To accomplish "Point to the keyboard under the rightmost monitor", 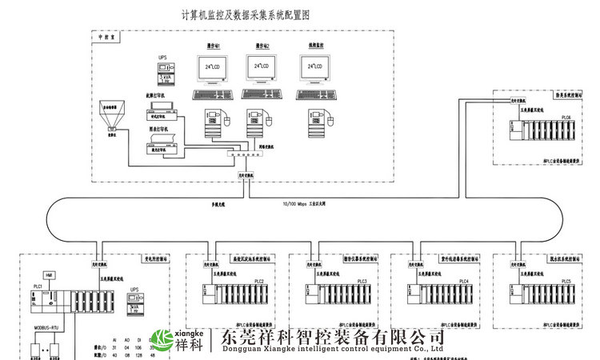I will [313, 95].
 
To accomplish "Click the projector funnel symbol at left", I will [113, 118].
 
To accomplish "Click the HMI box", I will [50, 274].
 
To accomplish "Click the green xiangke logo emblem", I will [164, 341].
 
